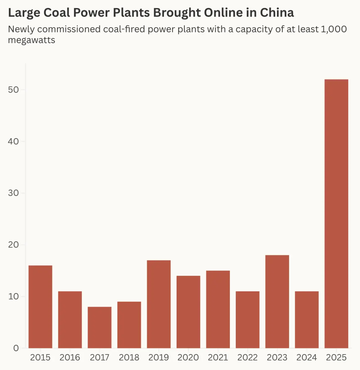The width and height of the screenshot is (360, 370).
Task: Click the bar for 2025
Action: [336, 214]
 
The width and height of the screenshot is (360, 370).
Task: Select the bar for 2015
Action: [40, 307]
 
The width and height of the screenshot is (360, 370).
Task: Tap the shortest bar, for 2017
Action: [99, 327]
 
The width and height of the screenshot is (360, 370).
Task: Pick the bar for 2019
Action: [159, 304]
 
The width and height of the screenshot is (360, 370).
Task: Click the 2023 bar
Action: [277, 302]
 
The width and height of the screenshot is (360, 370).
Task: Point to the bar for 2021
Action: [218, 309]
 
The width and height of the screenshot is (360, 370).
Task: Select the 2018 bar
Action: [129, 325]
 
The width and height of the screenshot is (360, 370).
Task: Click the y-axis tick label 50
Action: [13, 90]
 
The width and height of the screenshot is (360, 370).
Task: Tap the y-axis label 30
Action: [13, 193]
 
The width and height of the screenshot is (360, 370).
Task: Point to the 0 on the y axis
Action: [16, 348]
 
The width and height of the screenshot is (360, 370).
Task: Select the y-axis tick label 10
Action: [13, 296]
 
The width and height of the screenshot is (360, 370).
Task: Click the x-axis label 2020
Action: [188, 357]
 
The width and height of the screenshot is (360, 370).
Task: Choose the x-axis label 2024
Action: [307, 357]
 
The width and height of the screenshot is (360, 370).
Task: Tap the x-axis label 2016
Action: [70, 357]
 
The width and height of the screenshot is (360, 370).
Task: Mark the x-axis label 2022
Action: [247, 357]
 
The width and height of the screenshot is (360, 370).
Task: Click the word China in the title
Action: [277, 13]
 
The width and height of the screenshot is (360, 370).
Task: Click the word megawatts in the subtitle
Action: [31, 40]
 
